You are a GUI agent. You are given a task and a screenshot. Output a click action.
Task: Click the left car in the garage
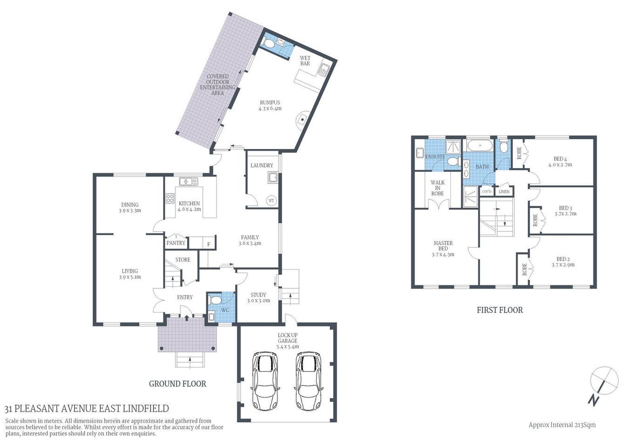coord(264,380)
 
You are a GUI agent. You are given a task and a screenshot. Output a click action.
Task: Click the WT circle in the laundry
coord(271,201)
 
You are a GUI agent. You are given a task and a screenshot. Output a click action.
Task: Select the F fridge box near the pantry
coord(208,244)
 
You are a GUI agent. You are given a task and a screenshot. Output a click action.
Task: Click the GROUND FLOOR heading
coord(177,384)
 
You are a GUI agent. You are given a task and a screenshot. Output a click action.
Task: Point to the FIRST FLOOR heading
coord(499,310)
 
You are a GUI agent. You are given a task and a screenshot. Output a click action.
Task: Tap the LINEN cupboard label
coord(504,191)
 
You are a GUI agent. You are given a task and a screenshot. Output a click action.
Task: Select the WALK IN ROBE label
coord(437,188)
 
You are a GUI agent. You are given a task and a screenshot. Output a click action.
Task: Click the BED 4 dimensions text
coord(560,165)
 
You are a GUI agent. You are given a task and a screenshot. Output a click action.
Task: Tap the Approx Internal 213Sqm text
coord(562,425)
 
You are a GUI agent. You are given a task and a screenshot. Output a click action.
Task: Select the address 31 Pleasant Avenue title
coord(87,409)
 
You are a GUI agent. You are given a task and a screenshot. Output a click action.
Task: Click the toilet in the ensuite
coord(454,162)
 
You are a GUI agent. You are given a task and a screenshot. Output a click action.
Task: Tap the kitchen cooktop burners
coord(170,199)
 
